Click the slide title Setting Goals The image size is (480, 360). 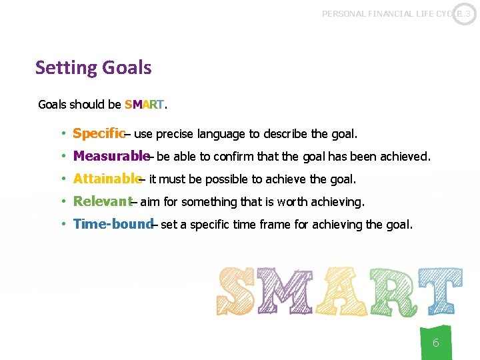point(93,68)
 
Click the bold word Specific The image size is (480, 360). point(98,134)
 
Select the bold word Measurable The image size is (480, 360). point(111,157)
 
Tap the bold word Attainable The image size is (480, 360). point(107,179)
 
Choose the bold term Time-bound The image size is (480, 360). point(113,224)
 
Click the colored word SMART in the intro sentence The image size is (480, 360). point(145,105)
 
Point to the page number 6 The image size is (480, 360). point(435,343)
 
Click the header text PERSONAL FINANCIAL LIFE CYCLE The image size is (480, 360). point(387,13)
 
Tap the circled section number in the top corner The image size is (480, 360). point(465,13)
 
